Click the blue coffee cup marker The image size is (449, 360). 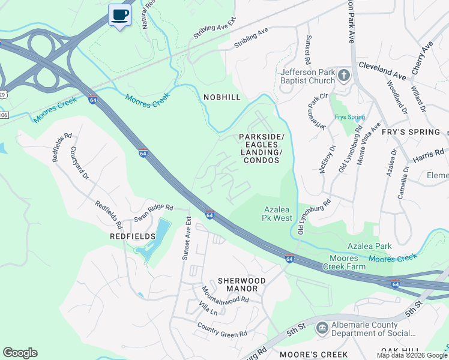click(x=119, y=14)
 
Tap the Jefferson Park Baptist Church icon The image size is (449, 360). click(x=343, y=75)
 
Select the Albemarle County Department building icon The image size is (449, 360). click(x=322, y=328)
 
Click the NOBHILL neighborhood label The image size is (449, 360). click(x=221, y=97)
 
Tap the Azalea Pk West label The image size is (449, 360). click(x=278, y=214)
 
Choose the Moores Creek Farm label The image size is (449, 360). click(x=343, y=262)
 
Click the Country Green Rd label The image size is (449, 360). click(x=222, y=329)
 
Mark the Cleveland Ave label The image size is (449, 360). click(x=382, y=70)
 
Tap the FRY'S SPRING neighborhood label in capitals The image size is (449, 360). click(x=415, y=132)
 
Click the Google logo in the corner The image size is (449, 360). click(x=20, y=353)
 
